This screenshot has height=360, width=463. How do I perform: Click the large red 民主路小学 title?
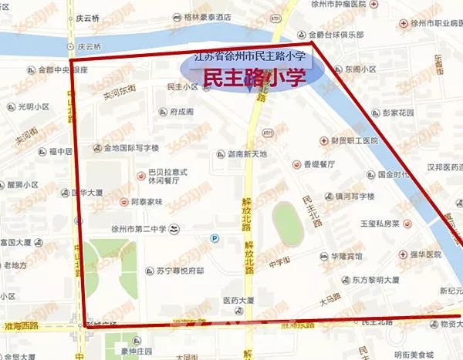pos(251,76)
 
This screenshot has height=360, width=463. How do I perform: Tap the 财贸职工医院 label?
pos(354,141)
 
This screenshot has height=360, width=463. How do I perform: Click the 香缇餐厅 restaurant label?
pos(316,164)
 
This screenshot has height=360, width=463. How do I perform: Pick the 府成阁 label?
pos(182,112)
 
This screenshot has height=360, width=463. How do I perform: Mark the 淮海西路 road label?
pos(19,327)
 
